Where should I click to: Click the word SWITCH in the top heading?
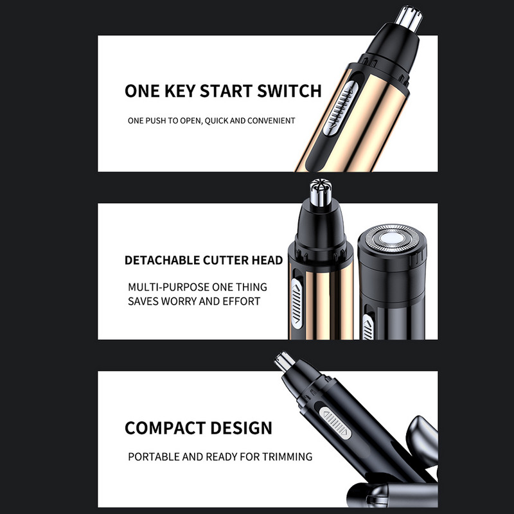click(289, 91)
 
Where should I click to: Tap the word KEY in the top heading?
click(180, 91)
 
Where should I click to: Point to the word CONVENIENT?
click(271, 121)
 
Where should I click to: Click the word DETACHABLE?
click(163, 260)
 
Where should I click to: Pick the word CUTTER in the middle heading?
click(226, 260)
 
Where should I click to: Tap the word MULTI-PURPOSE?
click(168, 287)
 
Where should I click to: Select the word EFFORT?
click(242, 301)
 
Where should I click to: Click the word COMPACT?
click(165, 428)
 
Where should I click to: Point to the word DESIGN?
click(242, 428)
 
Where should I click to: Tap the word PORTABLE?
click(154, 457)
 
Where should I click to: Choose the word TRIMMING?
click(287, 457)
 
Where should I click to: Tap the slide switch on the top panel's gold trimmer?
click(340, 109)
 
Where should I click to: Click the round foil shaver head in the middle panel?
click(392, 238)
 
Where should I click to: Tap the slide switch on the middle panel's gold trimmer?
click(297, 304)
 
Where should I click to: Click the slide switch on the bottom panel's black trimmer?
click(335, 423)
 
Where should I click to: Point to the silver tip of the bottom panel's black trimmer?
click(285, 362)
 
